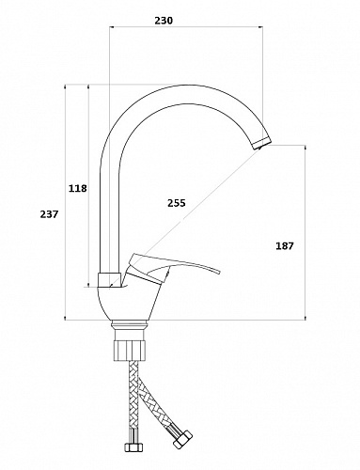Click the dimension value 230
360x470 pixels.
pyautogui.click(x=164, y=21)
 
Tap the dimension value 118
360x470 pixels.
pyautogui.click(x=77, y=188)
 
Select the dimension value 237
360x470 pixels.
pyautogui.click(x=49, y=214)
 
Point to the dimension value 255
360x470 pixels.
pyautogui.click(x=177, y=203)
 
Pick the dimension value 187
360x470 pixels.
pyautogui.click(x=285, y=246)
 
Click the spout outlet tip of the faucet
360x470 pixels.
pyautogui.click(x=261, y=143)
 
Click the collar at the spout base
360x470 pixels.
pyautogui.click(x=109, y=280)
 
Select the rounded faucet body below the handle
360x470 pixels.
pyautogui.click(x=128, y=303)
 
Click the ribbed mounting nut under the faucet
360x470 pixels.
pyautogui.click(x=129, y=350)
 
